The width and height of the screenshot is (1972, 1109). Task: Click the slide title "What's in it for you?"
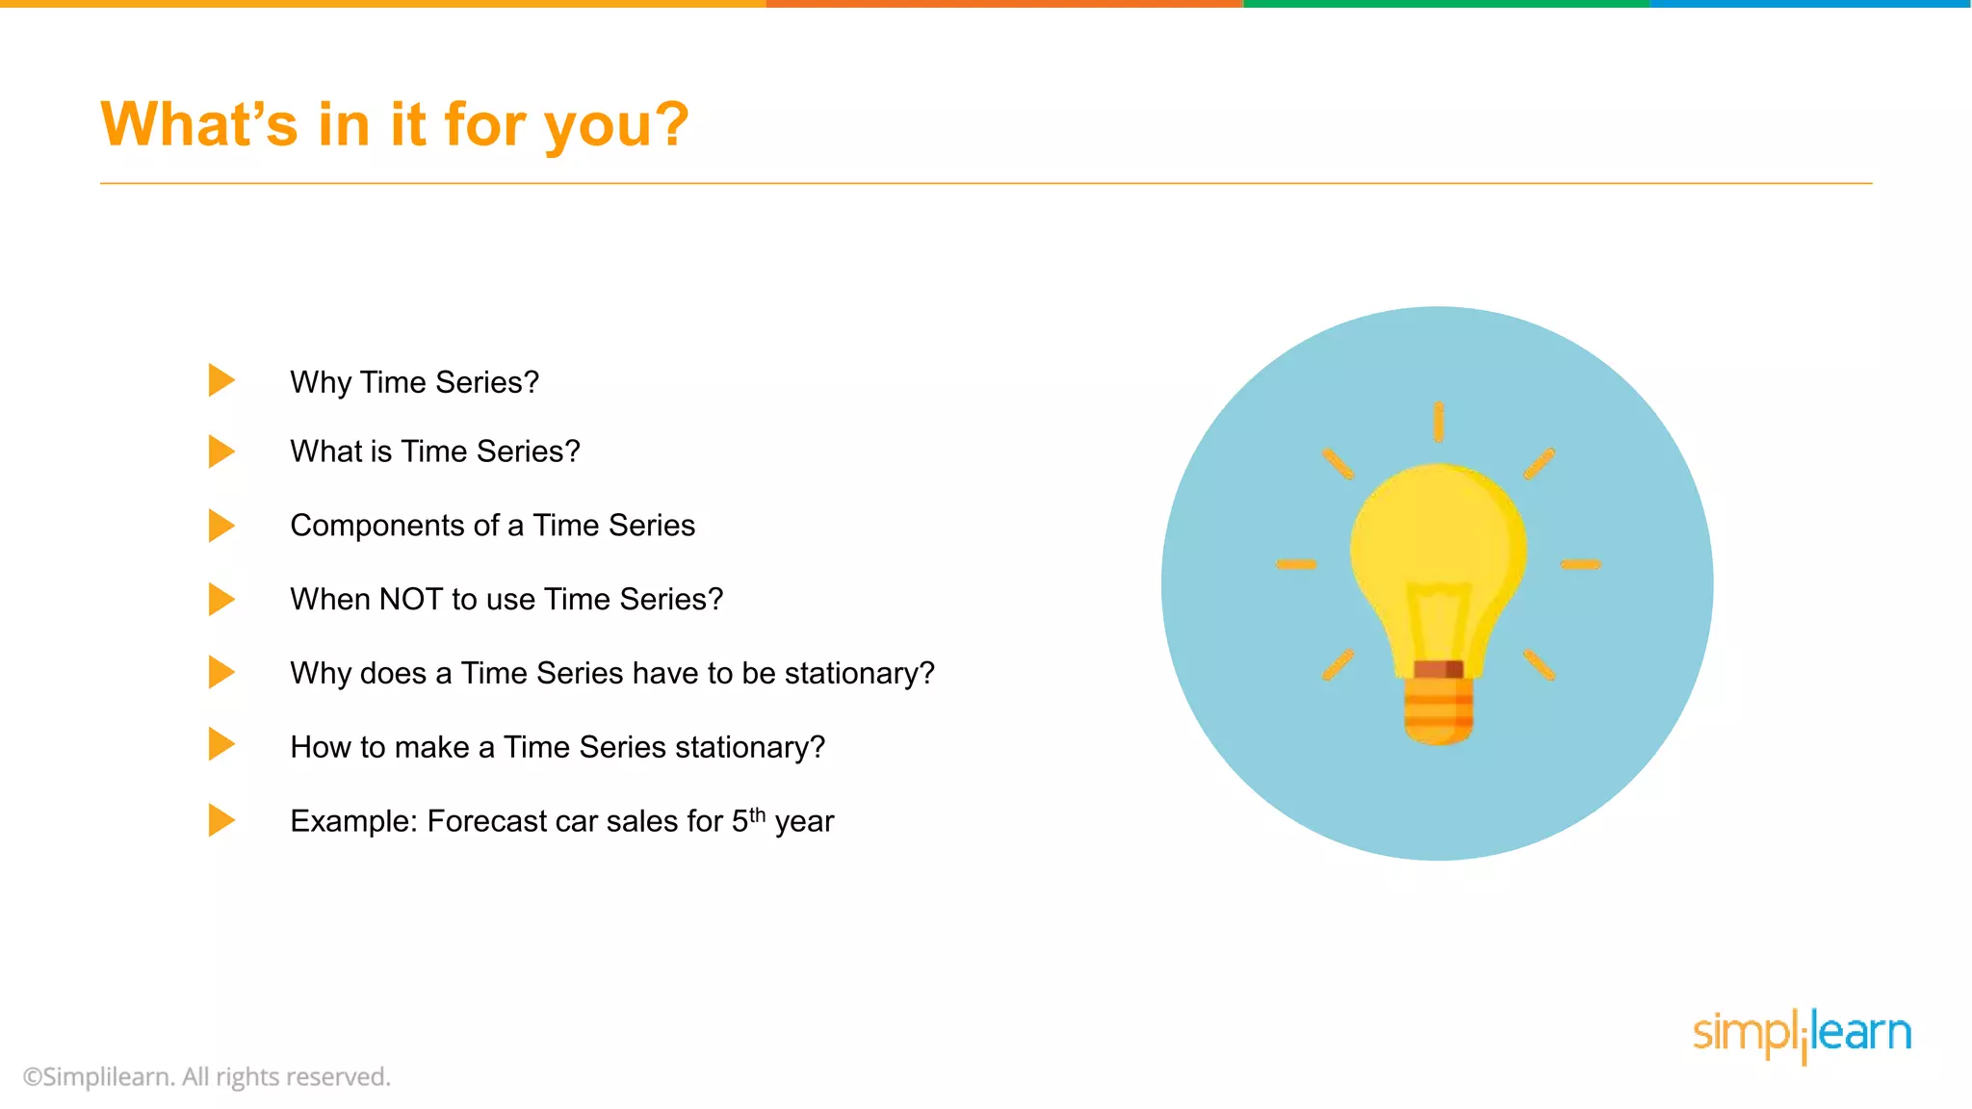point(395,125)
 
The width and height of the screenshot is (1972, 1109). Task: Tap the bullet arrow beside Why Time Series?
point(221,380)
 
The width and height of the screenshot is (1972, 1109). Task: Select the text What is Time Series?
point(434,451)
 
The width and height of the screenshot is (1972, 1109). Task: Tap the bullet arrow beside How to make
point(221,744)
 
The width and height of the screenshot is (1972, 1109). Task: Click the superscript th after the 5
point(758,814)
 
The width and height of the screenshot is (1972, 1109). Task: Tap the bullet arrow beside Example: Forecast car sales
point(221,820)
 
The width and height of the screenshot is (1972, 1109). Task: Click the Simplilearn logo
point(1802,1034)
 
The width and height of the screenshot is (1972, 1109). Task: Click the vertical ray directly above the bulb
point(1438,422)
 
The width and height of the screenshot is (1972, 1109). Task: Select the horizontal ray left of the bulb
point(1296,564)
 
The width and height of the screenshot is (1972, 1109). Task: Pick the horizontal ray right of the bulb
point(1580,564)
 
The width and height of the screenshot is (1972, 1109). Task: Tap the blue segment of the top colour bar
point(1810,4)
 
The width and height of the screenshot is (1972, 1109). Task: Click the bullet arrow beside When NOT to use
point(221,599)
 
